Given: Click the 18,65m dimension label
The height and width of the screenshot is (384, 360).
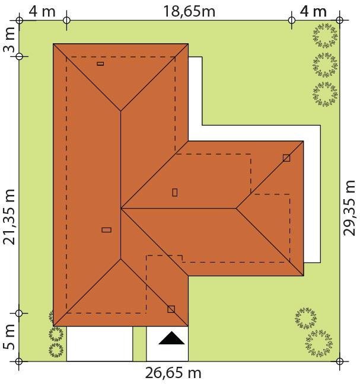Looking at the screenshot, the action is pyautogui.click(x=189, y=11).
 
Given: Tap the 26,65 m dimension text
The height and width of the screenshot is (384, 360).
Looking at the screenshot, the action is pyautogui.click(x=173, y=373).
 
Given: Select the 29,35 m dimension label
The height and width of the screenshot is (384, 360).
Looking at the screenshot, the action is pyautogui.click(x=349, y=208).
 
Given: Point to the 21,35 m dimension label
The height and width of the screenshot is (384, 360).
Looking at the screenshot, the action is pyautogui.click(x=9, y=217).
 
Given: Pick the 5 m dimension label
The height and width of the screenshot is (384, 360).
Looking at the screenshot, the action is pyautogui.click(x=9, y=337).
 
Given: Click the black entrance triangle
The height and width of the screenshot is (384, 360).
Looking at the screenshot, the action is pyautogui.click(x=171, y=338).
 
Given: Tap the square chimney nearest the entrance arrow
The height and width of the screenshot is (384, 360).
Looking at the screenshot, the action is pyautogui.click(x=171, y=309).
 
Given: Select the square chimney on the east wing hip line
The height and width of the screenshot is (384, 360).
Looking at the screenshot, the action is pyautogui.click(x=286, y=158).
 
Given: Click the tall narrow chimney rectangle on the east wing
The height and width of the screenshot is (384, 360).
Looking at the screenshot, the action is pyautogui.click(x=175, y=193).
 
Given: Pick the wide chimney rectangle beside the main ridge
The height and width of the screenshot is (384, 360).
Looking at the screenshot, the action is pyautogui.click(x=106, y=230).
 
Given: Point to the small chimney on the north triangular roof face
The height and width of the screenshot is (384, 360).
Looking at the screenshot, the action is pyautogui.click(x=100, y=63).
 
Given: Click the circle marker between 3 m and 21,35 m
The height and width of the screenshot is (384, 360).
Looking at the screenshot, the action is pyautogui.click(x=19, y=56).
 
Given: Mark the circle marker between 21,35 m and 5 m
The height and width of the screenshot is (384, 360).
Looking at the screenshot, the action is pyautogui.click(x=19, y=313).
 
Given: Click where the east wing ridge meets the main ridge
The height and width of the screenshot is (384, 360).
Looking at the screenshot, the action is pyautogui.click(x=120, y=209).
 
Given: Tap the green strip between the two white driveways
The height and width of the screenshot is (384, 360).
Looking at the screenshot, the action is pyautogui.click(x=139, y=344).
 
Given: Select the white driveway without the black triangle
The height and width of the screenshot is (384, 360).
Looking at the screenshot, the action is pyautogui.click(x=100, y=344).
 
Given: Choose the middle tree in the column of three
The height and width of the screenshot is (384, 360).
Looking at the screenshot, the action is pyautogui.click(x=325, y=65).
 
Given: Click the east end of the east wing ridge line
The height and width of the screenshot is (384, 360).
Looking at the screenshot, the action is pyautogui.click(x=236, y=209).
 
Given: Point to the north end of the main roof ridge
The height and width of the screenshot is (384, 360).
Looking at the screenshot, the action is pyautogui.click(x=120, y=111).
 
